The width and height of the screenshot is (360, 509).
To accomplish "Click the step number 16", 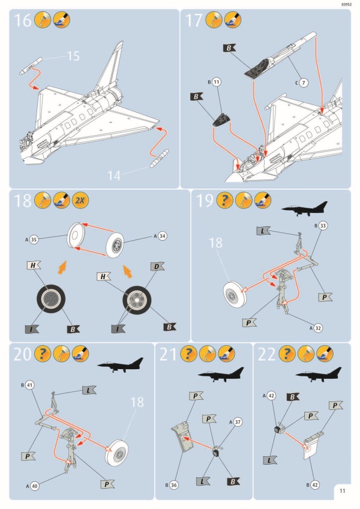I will [x=22, y=21].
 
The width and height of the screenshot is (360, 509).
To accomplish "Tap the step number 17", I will [x=194, y=21].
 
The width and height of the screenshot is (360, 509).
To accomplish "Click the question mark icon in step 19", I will [x=225, y=201].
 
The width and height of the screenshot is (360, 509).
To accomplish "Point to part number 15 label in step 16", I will [x=73, y=56].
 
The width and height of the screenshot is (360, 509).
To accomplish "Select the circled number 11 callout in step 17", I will [x=217, y=81].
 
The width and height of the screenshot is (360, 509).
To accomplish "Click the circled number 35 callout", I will [x=34, y=239].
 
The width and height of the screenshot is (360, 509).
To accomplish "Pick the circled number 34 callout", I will [x=162, y=236].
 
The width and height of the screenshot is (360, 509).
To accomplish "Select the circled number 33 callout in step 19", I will [x=323, y=226].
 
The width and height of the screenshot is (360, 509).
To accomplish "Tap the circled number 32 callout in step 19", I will [x=319, y=328].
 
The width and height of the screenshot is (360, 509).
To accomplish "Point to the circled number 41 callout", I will [x=29, y=384].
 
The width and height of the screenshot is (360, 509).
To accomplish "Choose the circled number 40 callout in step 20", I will [x=34, y=486].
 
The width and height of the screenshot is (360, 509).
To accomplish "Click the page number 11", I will [x=342, y=490].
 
